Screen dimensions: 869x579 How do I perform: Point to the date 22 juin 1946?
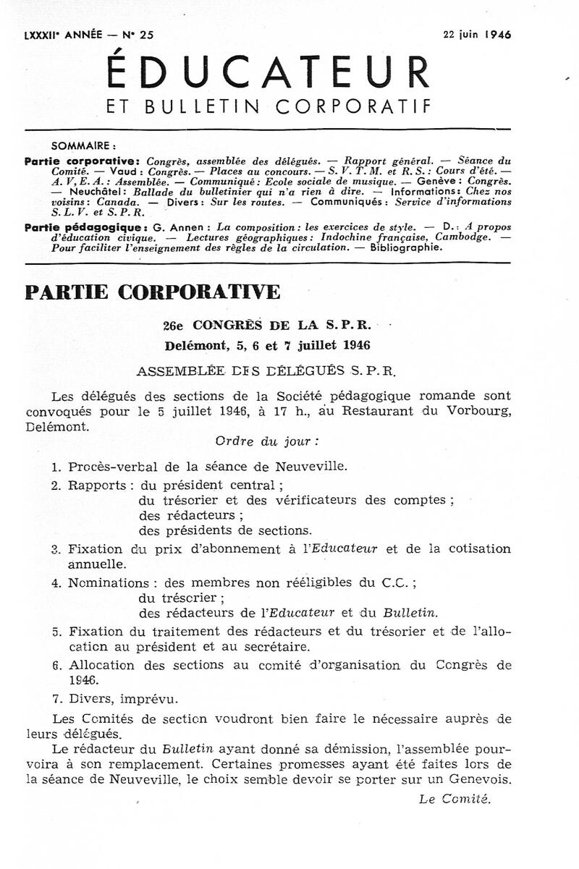[x=476, y=34]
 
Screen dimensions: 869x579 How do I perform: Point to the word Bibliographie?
[x=406, y=247]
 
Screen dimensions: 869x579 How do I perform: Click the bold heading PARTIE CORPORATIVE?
[x=152, y=292]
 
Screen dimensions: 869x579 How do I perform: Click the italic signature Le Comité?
[x=455, y=799]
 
